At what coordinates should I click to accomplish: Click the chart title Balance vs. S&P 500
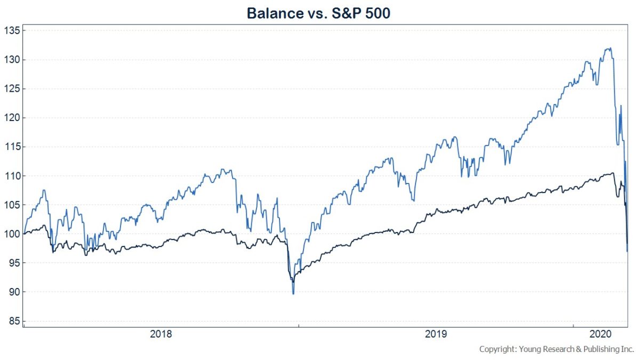point(318,13)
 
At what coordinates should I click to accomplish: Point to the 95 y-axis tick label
point(13,263)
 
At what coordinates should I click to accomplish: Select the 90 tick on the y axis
point(13,292)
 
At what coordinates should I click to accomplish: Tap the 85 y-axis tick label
point(13,321)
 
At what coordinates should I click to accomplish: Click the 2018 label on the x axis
point(161,335)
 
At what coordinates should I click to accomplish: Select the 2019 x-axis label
point(436,335)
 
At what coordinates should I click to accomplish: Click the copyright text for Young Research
point(556,349)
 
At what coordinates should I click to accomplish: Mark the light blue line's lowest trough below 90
point(293,293)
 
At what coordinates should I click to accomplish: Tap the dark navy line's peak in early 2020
point(612,173)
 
